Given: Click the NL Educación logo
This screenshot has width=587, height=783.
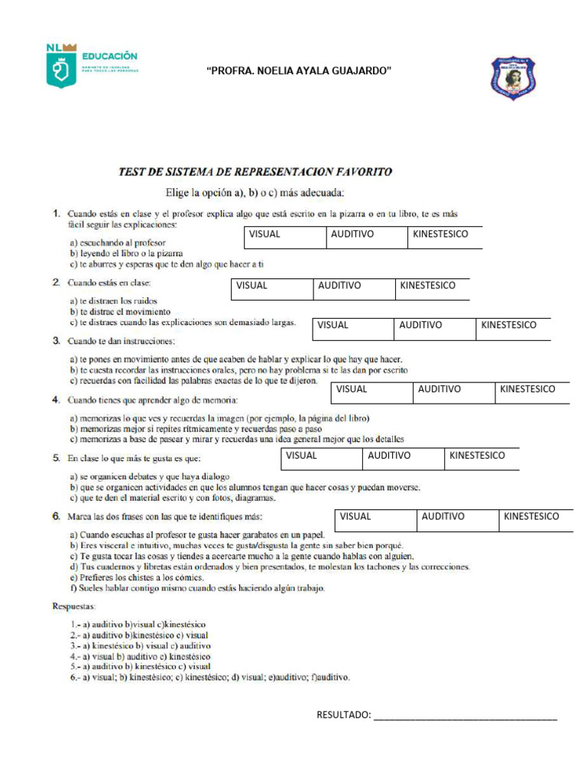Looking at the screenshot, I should point(92,66).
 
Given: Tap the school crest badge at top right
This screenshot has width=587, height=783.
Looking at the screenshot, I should point(513,79).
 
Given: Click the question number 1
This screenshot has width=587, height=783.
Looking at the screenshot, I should point(56,213).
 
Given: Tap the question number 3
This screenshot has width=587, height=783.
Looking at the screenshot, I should point(56,340).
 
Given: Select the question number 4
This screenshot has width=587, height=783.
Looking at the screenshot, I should point(56,399).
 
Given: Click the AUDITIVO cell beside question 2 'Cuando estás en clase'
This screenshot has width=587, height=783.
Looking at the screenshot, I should point(339,285).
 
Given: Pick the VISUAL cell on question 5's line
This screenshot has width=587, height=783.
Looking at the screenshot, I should point(301,455).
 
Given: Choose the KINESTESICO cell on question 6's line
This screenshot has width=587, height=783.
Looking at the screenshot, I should point(531,516).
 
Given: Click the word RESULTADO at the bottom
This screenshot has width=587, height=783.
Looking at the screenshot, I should point(343,715).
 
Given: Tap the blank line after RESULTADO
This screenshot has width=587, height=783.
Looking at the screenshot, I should point(465,716).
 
